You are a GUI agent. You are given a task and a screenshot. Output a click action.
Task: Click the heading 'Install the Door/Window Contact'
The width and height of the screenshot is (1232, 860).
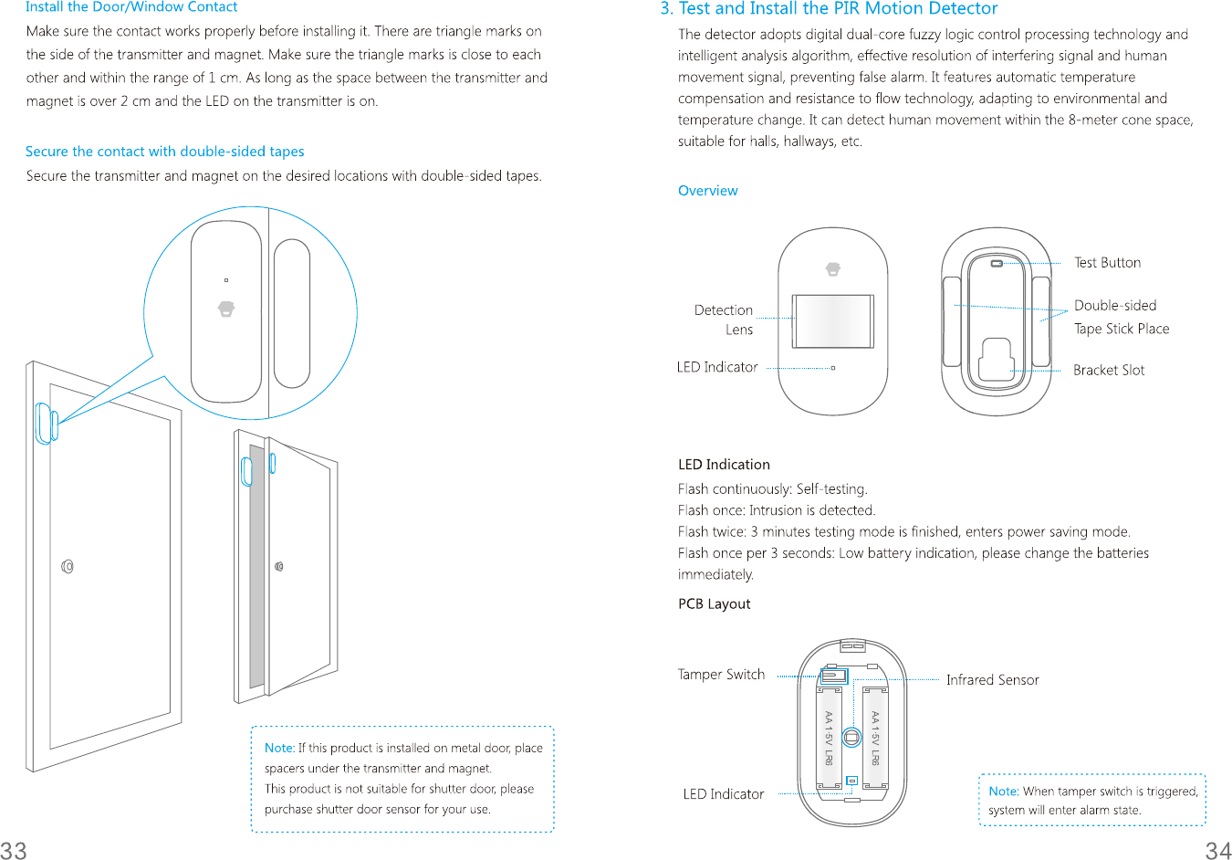point(131,7)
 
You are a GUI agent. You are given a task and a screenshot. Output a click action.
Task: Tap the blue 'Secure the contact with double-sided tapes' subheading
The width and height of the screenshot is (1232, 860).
point(164,152)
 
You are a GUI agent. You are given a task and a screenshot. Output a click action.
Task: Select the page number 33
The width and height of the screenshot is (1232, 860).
point(14,850)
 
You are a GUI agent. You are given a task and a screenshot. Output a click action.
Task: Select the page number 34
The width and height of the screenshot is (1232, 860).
point(1217,850)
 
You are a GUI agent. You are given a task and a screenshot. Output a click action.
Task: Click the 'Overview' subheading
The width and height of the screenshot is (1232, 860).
point(707,191)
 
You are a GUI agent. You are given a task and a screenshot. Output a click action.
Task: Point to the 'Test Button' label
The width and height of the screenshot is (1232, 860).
point(1107,263)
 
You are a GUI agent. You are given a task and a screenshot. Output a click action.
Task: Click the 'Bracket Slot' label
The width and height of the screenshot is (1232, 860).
point(1108,370)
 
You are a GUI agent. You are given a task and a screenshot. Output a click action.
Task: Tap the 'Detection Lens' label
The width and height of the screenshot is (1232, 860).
point(724,320)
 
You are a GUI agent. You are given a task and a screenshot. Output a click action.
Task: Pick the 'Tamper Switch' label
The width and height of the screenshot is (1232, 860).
point(721,675)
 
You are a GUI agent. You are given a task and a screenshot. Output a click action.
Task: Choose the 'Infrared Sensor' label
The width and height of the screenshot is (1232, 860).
point(992,680)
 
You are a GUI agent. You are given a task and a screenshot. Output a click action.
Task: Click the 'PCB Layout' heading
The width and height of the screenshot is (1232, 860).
point(714,604)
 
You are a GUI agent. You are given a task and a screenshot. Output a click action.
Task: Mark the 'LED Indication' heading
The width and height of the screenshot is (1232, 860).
point(724,465)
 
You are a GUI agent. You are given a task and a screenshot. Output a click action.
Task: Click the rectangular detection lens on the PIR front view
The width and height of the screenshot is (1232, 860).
point(832,321)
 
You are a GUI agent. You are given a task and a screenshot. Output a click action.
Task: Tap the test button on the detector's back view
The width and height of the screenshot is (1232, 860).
point(997,264)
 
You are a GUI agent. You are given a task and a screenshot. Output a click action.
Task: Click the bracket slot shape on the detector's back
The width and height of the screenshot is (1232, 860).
point(995,360)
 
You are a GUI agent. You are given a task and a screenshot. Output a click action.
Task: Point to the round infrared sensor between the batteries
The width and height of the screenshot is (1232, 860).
point(851,737)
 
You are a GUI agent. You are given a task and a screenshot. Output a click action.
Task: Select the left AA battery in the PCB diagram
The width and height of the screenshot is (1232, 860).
point(829,738)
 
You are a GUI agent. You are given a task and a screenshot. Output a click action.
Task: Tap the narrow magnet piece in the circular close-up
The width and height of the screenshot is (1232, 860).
point(292,313)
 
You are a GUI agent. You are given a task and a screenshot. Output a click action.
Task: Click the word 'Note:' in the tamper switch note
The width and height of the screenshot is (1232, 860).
point(1003,792)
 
